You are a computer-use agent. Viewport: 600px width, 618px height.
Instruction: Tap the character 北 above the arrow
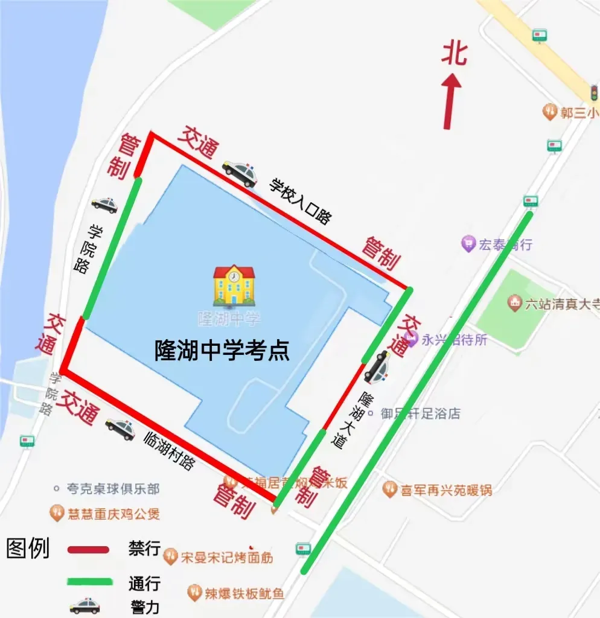click(x=454, y=53)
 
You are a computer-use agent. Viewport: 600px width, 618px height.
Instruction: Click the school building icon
click(x=234, y=285)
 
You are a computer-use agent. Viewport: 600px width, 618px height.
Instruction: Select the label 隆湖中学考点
click(x=222, y=349)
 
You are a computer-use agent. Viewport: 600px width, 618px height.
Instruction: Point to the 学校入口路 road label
click(x=300, y=202)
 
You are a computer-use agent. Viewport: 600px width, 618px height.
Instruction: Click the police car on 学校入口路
click(x=240, y=173)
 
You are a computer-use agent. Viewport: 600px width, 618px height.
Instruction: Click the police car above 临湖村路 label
click(x=121, y=428)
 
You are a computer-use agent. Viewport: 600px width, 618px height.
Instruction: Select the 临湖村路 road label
click(x=170, y=451)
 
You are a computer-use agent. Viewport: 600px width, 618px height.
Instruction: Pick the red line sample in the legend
click(x=88, y=550)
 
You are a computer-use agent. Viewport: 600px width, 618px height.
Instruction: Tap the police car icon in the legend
click(x=85, y=605)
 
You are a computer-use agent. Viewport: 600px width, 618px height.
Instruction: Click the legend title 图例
click(x=28, y=549)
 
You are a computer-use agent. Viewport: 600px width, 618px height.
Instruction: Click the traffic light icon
click(x=595, y=93)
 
